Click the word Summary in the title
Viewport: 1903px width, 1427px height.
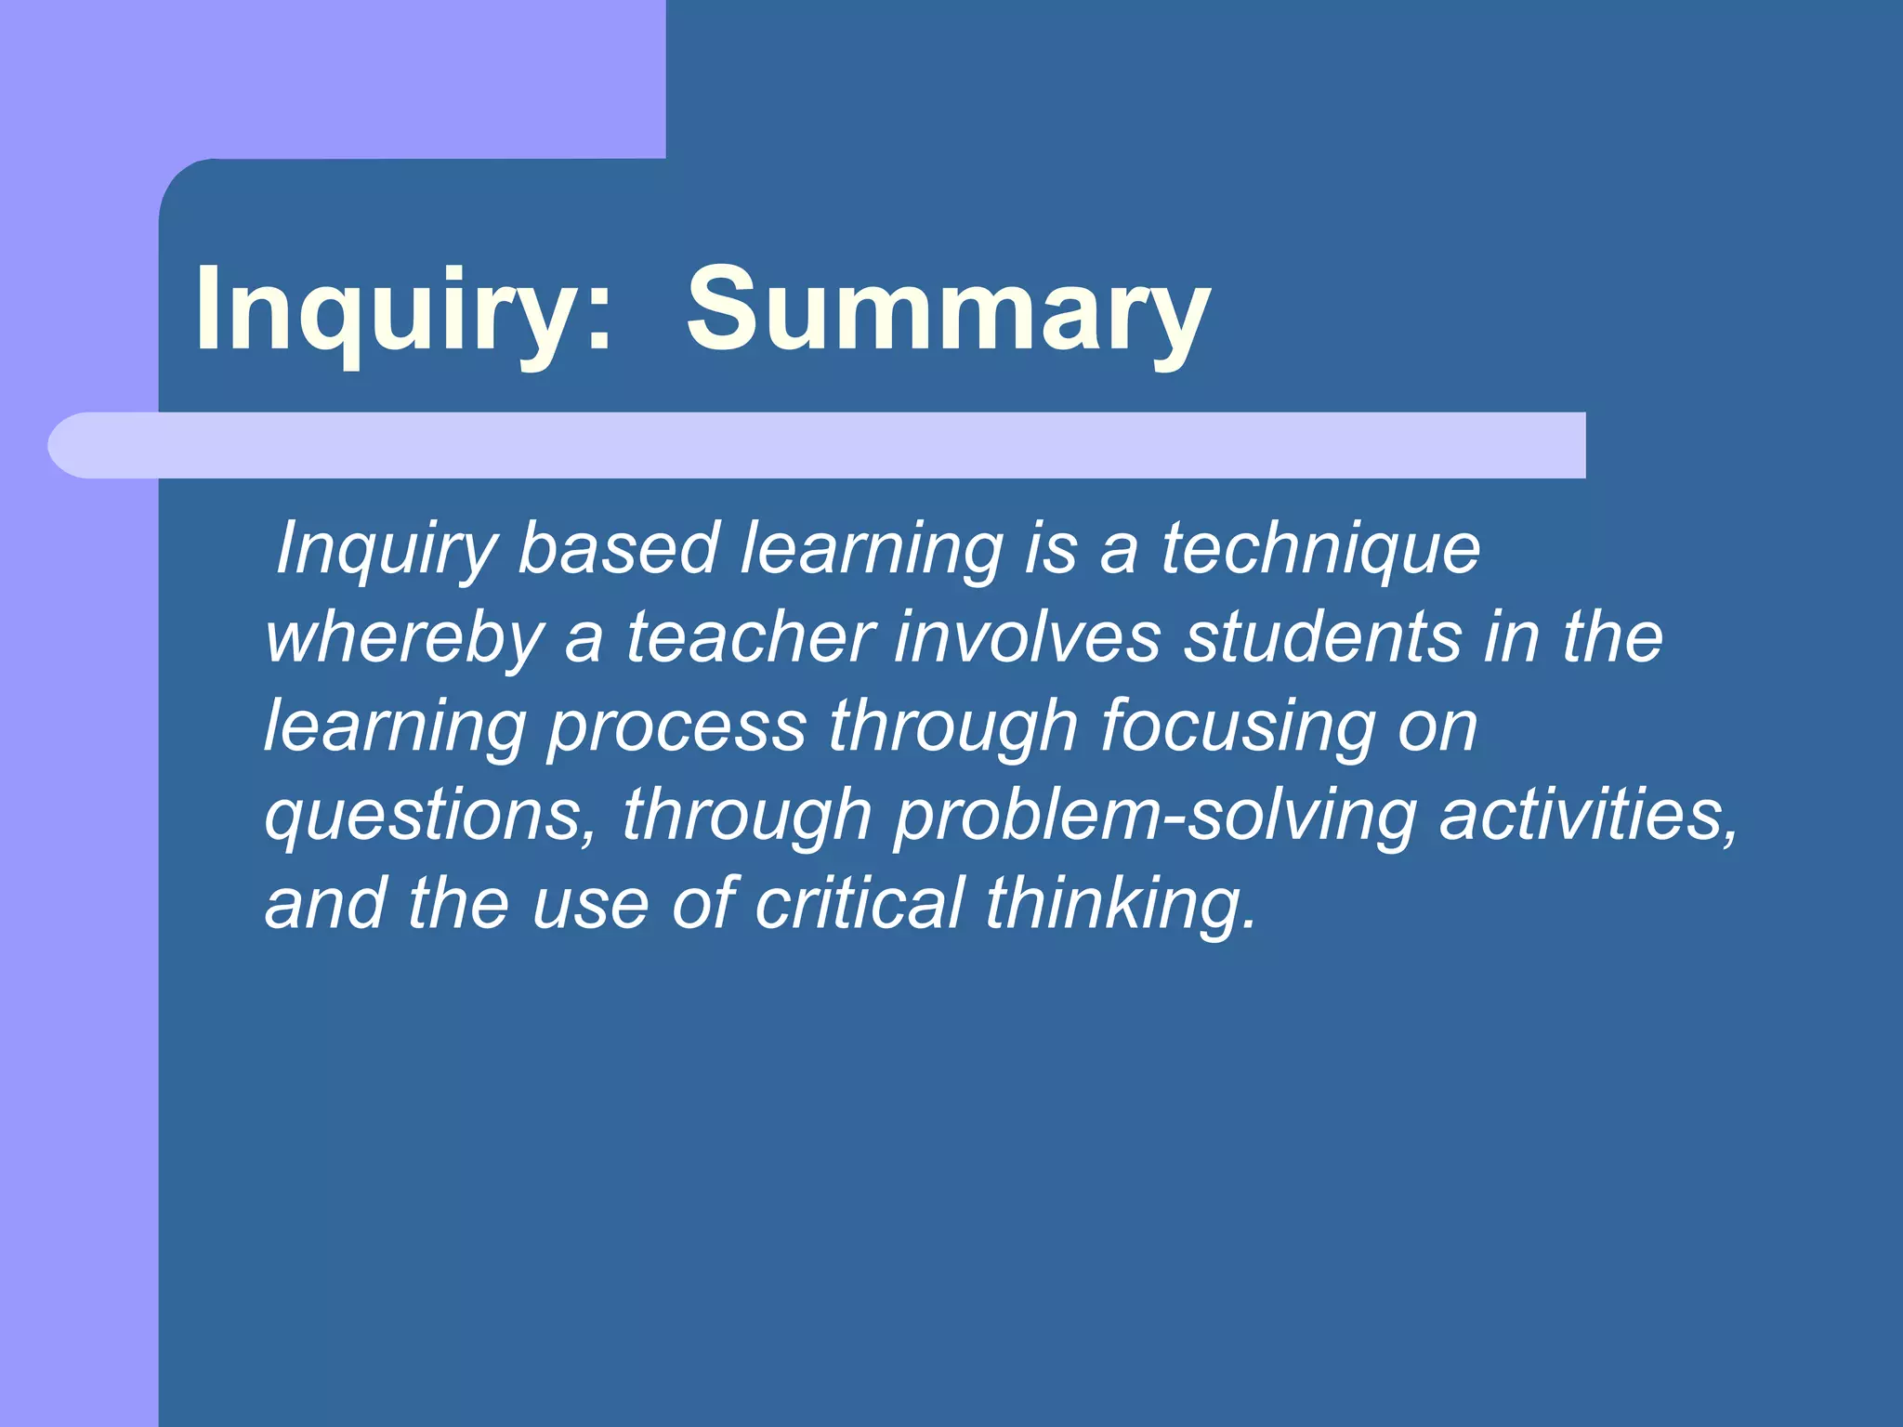coord(948,311)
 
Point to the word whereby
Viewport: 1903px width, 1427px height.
coord(405,639)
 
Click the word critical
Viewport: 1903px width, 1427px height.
coord(860,903)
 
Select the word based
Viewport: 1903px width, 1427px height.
coord(618,549)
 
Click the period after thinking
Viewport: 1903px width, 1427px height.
coord(1249,925)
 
